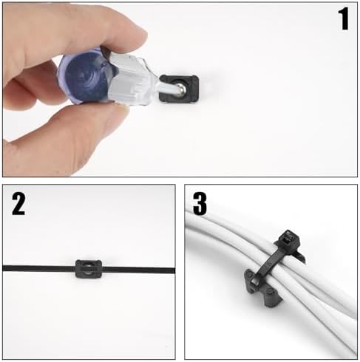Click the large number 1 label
pos(344,18)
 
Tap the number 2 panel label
pos(18,204)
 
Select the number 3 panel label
pos(200,203)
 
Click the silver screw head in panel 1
pos(181,87)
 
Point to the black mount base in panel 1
pos(179,88)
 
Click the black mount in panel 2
pos(89,268)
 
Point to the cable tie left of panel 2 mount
pos(39,268)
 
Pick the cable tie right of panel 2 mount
pos(138,270)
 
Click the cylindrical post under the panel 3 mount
pos(271,298)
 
